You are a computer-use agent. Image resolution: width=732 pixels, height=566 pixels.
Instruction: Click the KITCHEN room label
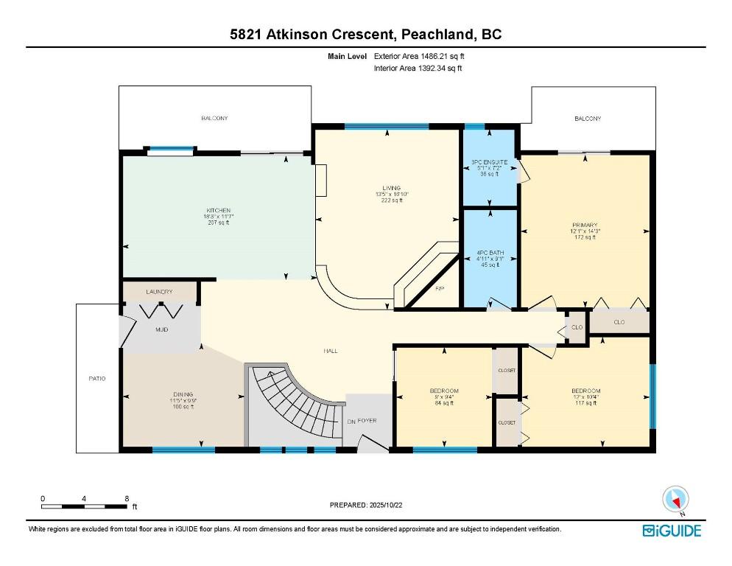[218, 211]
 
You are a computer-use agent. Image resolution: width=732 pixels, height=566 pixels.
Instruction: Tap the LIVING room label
[391, 188]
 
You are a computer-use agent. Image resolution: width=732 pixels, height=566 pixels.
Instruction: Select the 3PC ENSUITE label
[490, 161]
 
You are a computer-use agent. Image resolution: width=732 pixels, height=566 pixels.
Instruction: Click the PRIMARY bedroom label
[585, 225]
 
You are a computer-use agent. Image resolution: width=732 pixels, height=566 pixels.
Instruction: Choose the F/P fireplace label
[440, 287]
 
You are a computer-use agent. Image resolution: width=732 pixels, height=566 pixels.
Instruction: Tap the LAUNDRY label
[159, 292]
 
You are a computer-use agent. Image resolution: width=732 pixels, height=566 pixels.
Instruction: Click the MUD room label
[161, 329]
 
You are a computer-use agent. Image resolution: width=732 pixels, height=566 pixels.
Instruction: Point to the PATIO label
[97, 378]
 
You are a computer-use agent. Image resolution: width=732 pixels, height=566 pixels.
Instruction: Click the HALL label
[331, 351]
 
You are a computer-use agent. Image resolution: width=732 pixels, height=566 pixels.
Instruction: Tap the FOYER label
[367, 420]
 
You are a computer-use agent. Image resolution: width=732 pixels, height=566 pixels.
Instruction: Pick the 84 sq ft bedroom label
[444, 391]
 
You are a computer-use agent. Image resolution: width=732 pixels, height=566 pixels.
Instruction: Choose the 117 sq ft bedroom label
[585, 391]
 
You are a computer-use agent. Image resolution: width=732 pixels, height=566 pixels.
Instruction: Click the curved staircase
[295, 405]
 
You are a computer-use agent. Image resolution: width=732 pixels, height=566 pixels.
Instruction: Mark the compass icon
[675, 499]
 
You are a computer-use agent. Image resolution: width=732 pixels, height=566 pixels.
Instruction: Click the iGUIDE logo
[672, 531]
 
